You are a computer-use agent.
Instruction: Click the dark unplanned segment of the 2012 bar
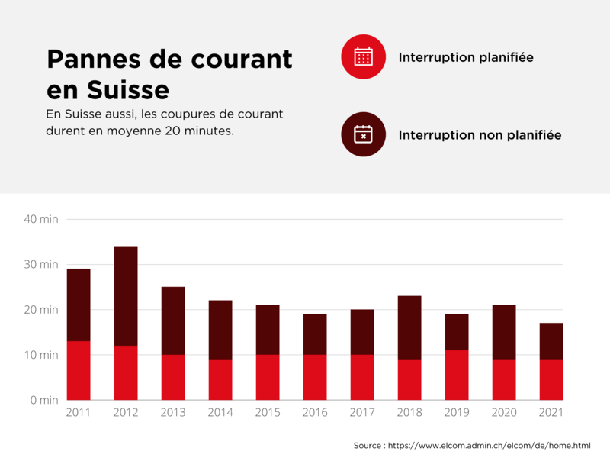coord(126,295)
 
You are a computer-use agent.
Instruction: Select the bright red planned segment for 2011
coord(79,370)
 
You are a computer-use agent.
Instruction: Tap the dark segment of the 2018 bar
coord(409,327)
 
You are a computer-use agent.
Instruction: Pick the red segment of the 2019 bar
coord(457,375)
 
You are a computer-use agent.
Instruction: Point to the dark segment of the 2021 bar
coord(551,341)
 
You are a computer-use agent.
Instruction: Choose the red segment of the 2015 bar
coord(268,377)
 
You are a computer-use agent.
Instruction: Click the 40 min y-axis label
coord(40,219)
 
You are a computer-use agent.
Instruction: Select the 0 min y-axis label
coord(43,400)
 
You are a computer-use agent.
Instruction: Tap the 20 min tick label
coord(40,310)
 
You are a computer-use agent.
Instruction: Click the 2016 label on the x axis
coord(314,413)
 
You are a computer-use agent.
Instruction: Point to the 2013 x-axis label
coord(173,413)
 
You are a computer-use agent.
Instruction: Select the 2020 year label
coord(503,413)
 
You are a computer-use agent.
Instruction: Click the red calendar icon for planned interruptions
coord(364,56)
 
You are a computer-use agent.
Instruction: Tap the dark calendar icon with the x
coord(364,134)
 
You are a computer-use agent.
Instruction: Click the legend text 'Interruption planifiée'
coord(465,57)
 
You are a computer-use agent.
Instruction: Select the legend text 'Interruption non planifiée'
coord(480,135)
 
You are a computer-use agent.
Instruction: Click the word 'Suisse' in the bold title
coord(127,89)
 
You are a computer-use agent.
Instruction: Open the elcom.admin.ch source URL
coord(489,445)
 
